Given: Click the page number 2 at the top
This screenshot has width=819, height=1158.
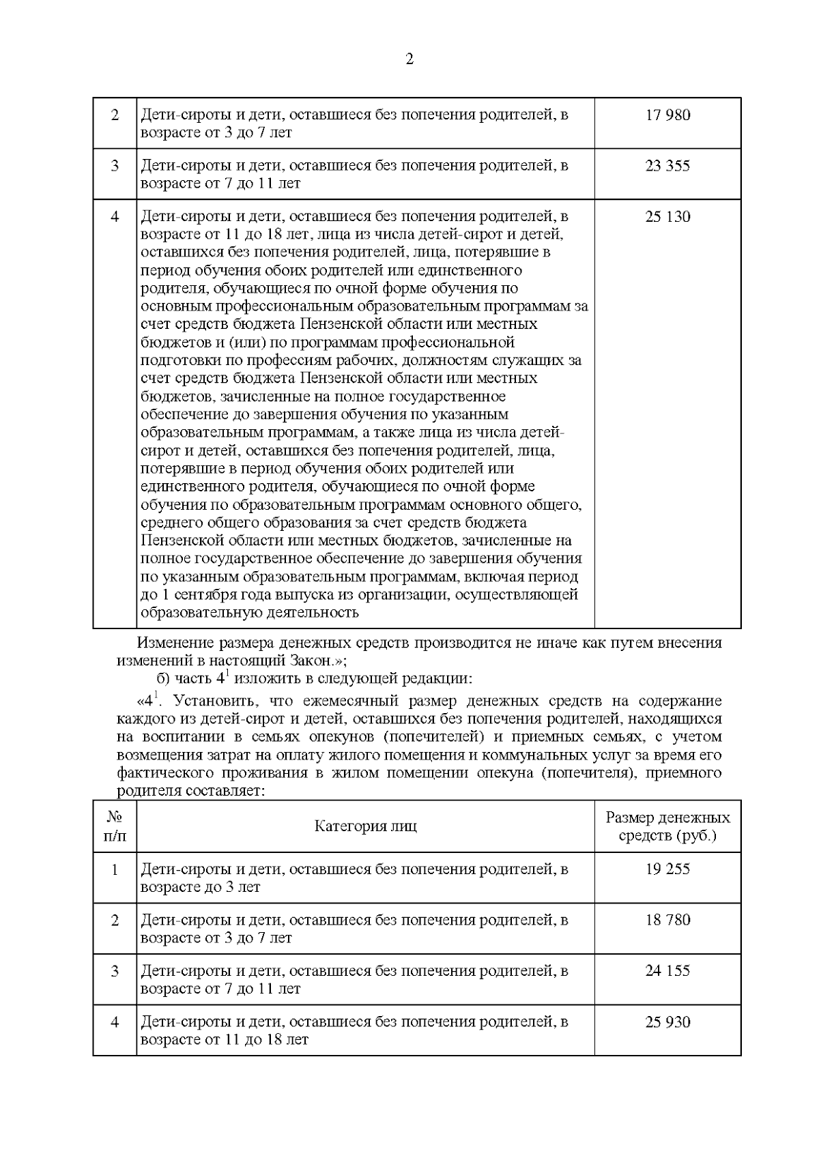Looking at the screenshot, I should click(409, 59).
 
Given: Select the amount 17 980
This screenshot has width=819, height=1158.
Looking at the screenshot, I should click(667, 115).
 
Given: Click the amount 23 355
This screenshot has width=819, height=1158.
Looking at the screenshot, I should click(667, 166).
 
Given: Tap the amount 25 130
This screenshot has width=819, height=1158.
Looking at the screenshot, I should click(667, 217).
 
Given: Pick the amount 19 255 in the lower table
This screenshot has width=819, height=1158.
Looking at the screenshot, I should click(667, 869).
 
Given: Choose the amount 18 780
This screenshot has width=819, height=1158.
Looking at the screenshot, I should click(667, 920).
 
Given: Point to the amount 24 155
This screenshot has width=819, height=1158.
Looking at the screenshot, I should click(667, 970).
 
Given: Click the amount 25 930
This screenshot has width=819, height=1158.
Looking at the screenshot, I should click(667, 1022).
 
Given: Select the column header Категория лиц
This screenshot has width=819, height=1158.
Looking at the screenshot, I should click(365, 826).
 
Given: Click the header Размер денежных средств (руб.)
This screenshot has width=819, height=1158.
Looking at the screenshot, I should click(667, 826).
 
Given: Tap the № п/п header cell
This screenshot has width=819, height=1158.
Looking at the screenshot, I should click(115, 826).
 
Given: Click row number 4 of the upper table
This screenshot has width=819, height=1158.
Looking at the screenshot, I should click(115, 217).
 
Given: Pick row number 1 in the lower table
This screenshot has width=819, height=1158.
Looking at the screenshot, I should click(115, 869).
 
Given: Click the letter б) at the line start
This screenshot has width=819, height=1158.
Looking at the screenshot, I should click(164, 679).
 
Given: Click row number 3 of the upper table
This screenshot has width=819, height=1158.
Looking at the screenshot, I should click(115, 166).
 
